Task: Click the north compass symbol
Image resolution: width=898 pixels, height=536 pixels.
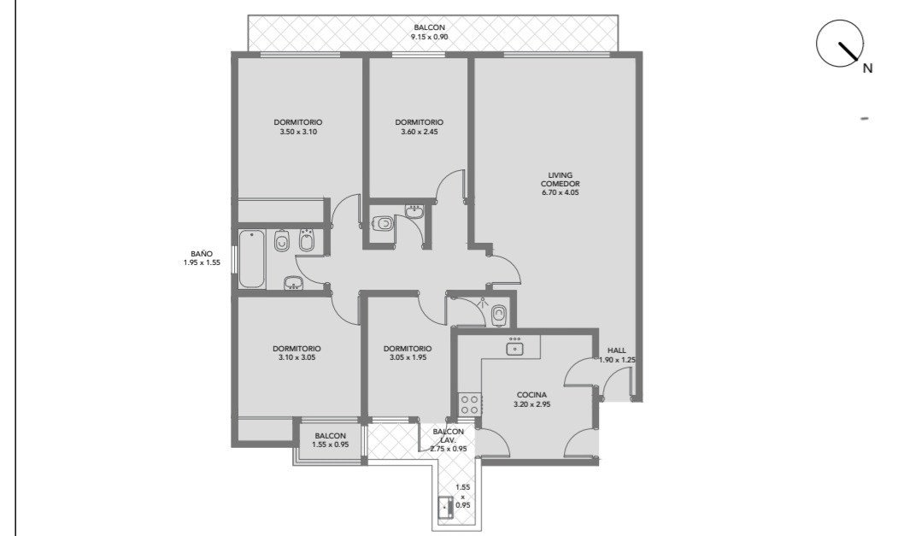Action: point(840,43)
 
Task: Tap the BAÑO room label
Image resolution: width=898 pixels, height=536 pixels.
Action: point(202,253)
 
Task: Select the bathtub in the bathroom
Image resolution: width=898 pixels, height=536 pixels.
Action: point(252,259)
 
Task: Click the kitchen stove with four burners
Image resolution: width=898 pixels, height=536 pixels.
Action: point(470,403)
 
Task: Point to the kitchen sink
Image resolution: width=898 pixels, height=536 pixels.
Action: point(515,346)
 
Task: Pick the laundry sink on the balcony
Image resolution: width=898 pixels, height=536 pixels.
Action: point(446,507)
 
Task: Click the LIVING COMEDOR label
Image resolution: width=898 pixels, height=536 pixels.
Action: point(561,180)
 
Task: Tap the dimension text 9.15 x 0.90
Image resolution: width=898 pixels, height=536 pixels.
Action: point(429,37)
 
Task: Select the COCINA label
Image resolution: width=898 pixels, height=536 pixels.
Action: point(531,395)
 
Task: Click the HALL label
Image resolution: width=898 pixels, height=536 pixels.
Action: point(617,350)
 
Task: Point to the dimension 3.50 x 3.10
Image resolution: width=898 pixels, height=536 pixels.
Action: point(298,132)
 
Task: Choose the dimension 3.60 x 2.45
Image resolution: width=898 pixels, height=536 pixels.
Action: point(420,132)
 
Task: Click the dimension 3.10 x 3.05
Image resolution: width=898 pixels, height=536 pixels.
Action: point(296,357)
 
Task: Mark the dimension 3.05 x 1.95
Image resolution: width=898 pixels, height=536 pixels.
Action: point(408,357)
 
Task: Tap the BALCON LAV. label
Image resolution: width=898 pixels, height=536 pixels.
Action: point(449,436)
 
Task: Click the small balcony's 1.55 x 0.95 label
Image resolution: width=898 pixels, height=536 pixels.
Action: point(330,445)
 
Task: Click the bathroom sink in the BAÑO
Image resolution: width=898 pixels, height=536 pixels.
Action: point(294,283)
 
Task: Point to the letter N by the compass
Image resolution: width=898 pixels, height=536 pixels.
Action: point(867,68)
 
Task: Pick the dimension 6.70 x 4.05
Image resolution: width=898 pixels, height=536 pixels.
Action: point(561,192)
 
